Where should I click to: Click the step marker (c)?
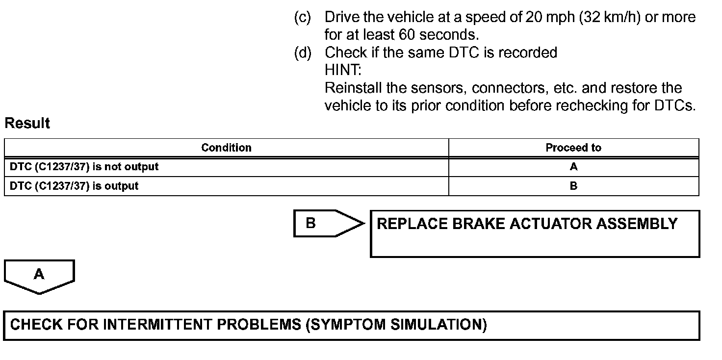tap(302, 18)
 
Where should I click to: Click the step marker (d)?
tap(302, 52)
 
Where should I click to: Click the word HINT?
tap(343, 70)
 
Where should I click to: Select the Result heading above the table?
tap(27, 124)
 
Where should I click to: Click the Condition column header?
tap(226, 148)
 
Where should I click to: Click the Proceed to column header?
tap(573, 148)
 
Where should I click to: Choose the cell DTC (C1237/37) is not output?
tap(84, 167)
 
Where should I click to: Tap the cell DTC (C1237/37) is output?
tap(74, 186)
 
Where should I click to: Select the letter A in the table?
tap(573, 167)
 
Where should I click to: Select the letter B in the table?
tap(573, 186)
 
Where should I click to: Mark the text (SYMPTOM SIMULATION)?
tap(396, 325)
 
